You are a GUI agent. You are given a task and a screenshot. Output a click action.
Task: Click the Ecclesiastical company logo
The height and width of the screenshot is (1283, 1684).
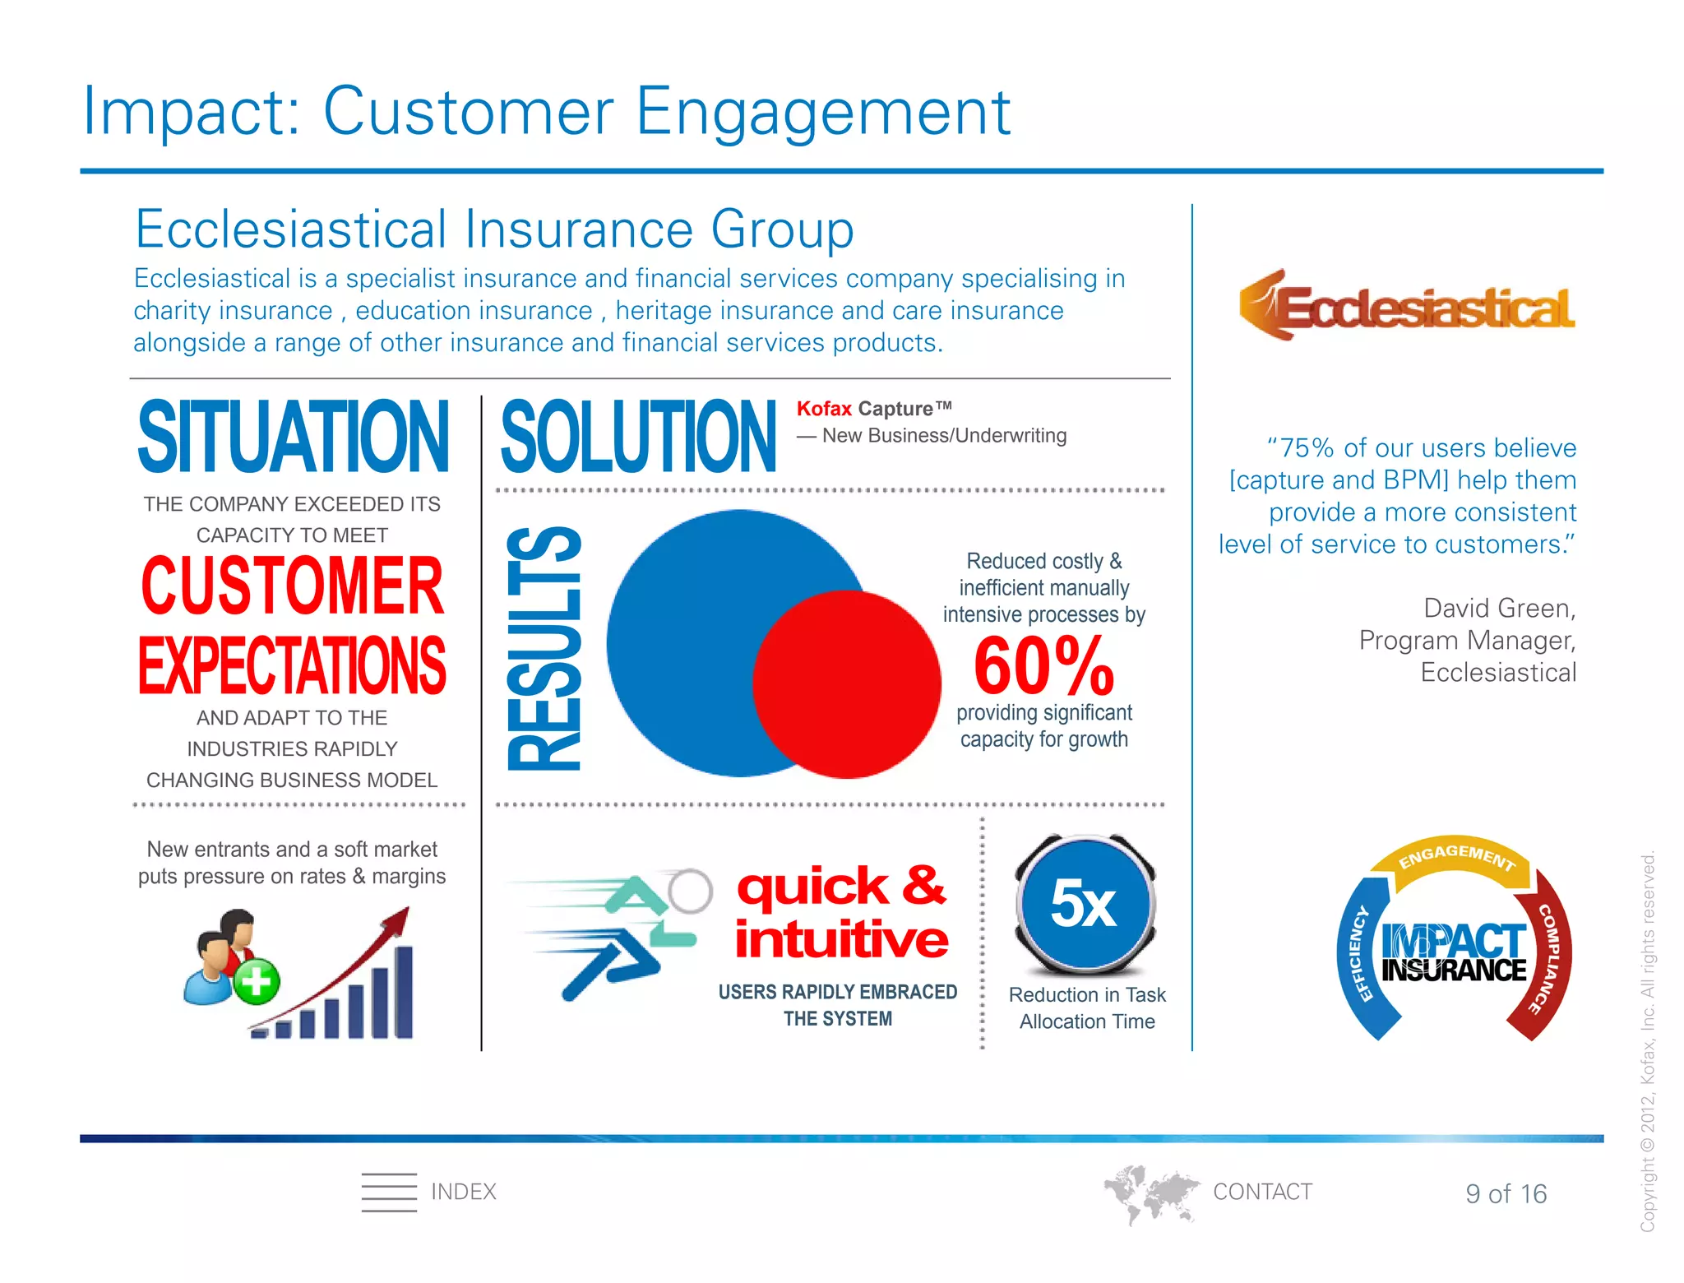click(1407, 306)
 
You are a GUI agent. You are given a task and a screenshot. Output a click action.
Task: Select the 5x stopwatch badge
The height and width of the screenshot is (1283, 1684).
click(1085, 903)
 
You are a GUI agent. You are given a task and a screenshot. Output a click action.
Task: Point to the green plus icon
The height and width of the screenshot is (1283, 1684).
click(257, 981)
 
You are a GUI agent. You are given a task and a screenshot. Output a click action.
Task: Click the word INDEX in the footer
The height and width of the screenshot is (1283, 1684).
click(463, 1192)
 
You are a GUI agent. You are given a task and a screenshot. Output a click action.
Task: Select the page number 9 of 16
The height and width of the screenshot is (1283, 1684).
click(1506, 1193)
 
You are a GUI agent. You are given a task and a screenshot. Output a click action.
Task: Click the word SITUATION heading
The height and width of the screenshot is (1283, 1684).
click(293, 437)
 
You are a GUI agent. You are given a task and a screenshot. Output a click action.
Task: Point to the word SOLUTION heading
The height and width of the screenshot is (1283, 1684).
click(637, 437)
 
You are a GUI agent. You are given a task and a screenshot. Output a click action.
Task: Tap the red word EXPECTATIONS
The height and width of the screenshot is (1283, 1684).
click(292, 665)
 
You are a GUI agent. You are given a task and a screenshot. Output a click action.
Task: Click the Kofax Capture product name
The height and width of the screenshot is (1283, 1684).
click(873, 409)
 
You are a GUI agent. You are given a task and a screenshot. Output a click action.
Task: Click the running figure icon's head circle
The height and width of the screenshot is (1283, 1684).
click(689, 891)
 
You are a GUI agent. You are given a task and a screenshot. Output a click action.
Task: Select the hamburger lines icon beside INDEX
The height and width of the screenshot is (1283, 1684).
click(389, 1192)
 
